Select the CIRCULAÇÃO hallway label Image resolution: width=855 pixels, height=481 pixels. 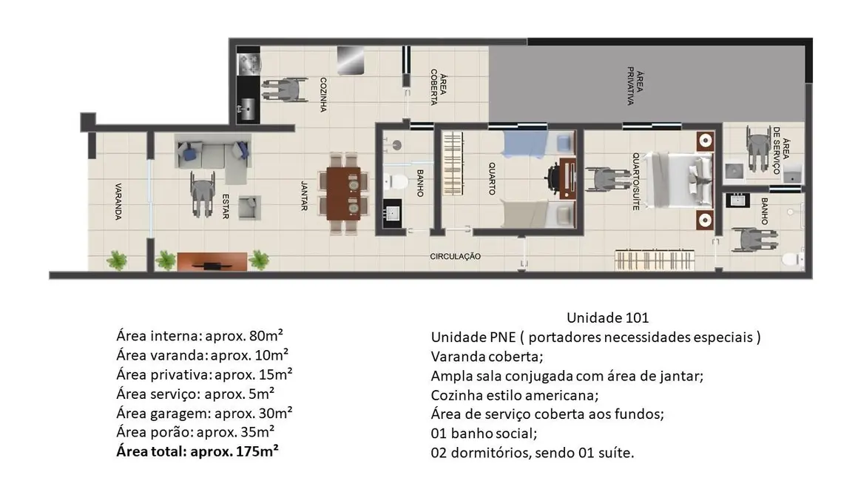tap(456, 256)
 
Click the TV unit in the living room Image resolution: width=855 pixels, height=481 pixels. tap(212, 261)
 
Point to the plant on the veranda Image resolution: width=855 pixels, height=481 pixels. tap(117, 260)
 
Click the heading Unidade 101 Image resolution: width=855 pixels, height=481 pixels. tap(607, 318)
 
